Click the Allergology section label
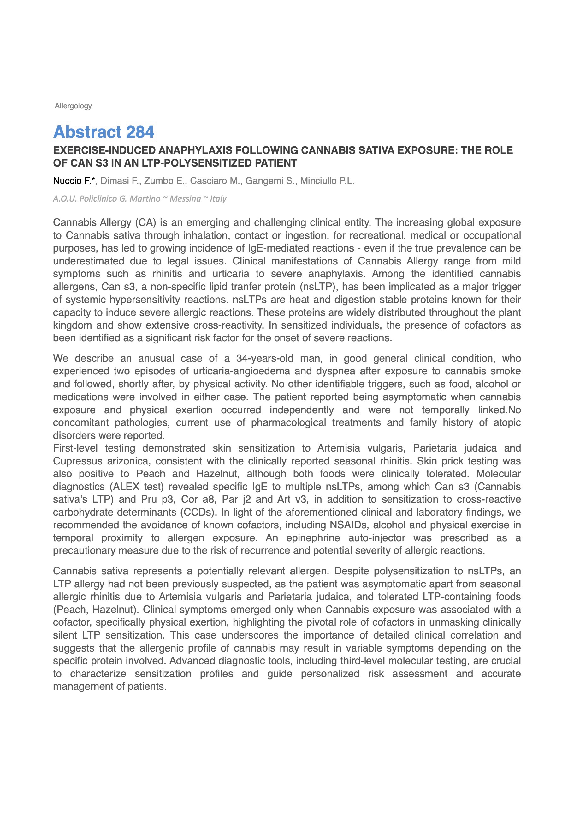coord(73,106)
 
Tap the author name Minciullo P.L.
coord(327,181)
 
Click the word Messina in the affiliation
coord(185,199)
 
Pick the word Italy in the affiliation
coord(218,199)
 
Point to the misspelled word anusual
coord(156,358)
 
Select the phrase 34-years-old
coord(264,358)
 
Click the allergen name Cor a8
coord(197,499)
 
